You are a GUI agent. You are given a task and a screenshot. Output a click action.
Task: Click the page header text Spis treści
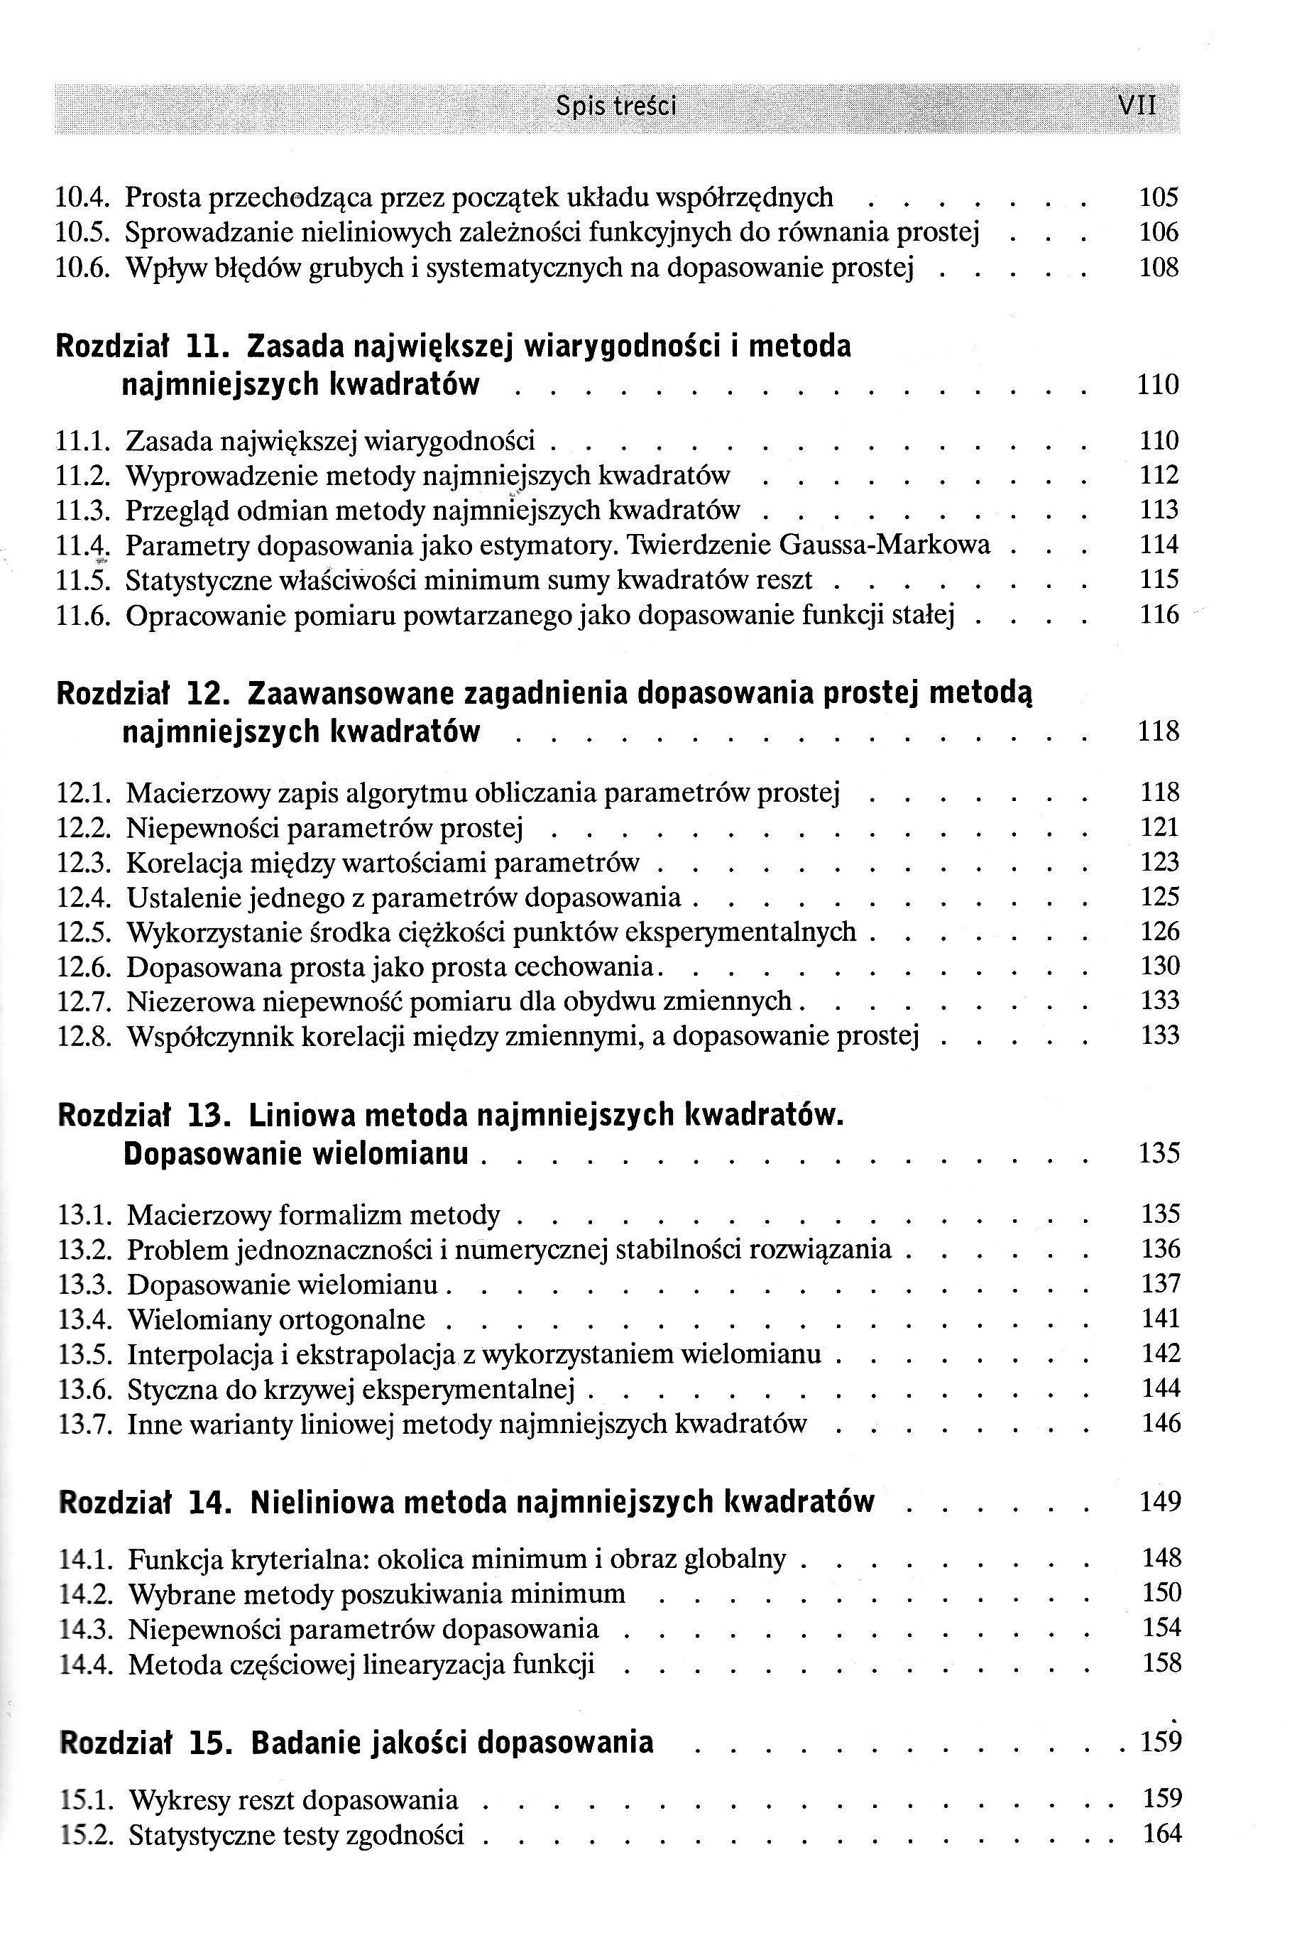click(616, 106)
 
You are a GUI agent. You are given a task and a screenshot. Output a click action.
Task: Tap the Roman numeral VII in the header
click(1137, 106)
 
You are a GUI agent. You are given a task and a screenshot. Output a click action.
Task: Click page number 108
click(1158, 268)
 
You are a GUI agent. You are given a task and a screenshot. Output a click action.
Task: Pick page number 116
click(1158, 615)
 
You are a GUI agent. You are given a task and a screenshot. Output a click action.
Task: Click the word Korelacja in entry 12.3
click(184, 863)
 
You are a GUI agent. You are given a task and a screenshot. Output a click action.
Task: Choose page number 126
click(1159, 932)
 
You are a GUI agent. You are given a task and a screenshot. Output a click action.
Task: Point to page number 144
click(1161, 1388)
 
